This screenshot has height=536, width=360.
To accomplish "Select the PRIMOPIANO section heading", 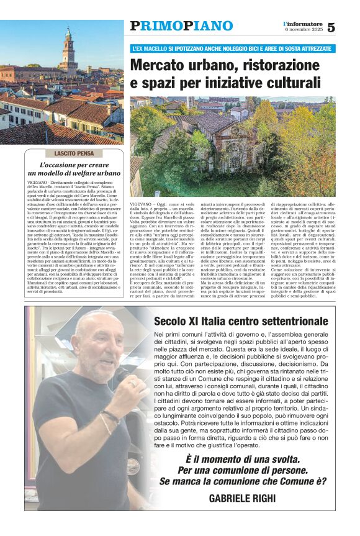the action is point(181,26).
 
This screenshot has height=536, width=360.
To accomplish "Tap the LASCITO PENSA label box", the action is point(75,153).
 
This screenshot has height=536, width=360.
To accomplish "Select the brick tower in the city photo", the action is point(68,49).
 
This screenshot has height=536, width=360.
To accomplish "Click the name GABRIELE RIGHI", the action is point(243,499).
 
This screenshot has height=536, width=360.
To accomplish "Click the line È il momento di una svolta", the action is point(243,458).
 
